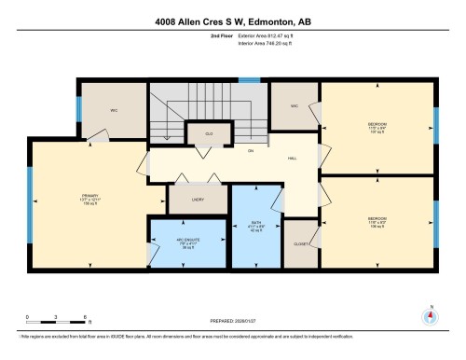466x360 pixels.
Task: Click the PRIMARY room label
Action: [x=89, y=196]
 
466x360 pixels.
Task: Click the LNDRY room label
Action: [x=198, y=199]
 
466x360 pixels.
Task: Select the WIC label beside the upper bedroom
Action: [x=295, y=106]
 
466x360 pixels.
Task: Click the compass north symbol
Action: [x=430, y=315]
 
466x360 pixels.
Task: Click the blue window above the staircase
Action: [x=248, y=80]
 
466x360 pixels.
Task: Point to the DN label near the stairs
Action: [x=251, y=150]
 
